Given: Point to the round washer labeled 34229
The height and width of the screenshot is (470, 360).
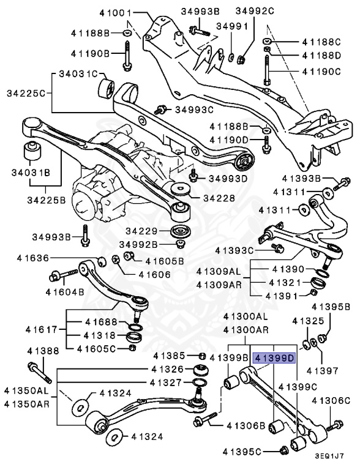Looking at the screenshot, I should click(180, 232).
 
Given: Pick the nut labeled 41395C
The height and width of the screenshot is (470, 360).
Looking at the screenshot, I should click(283, 451).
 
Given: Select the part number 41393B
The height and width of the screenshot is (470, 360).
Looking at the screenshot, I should click(302, 179).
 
